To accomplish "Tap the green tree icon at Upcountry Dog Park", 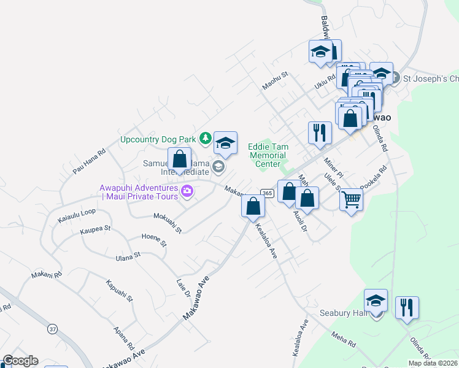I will point(207,139).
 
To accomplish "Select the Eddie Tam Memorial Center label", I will point(267,155).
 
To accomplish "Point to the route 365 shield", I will point(266,193).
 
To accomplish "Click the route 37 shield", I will point(52,329).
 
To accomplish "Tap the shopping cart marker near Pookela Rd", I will point(351,199).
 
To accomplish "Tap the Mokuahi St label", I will point(167,223).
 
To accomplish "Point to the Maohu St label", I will point(275,82).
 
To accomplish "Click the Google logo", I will point(20,361).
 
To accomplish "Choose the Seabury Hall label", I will point(342,313).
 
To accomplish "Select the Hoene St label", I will point(154,240).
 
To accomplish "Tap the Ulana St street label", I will point(128,256).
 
